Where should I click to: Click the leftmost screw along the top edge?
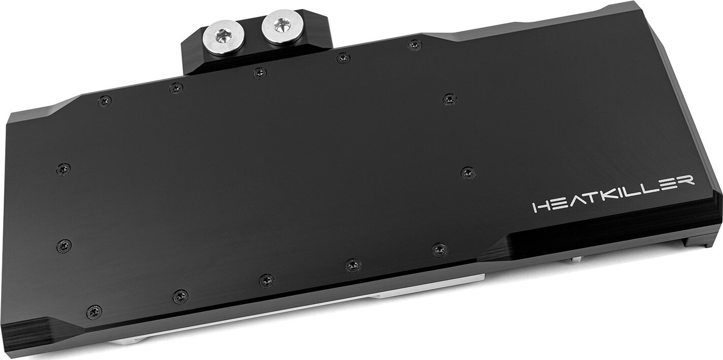pyautogui.click(x=104, y=101)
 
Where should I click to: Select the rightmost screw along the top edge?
pyautogui.click(x=415, y=45)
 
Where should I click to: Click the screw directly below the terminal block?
pyautogui.click(x=260, y=72)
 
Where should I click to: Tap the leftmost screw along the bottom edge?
pyautogui.click(x=94, y=312)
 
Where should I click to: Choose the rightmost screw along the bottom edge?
pyautogui.click(x=439, y=250)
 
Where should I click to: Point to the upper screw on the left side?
pyautogui.click(x=63, y=169)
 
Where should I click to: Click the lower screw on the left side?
pyautogui.click(x=64, y=246)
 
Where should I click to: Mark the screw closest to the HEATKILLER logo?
pyautogui.click(x=468, y=173)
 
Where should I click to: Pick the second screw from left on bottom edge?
pyautogui.click(x=180, y=297)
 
